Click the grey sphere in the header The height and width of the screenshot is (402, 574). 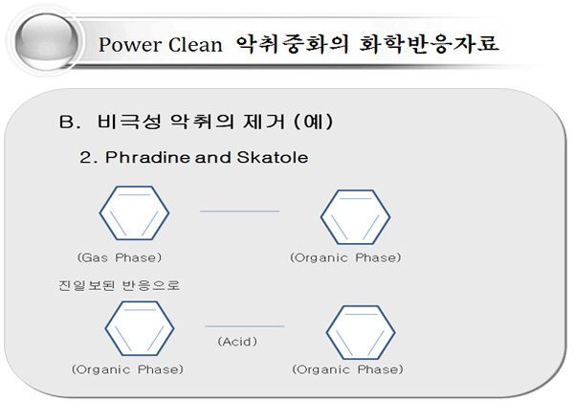[47, 41]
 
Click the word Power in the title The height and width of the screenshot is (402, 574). [130, 45]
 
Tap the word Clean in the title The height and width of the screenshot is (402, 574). [195, 45]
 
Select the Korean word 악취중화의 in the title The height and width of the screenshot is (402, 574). [292, 44]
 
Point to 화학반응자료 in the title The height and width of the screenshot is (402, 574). [429, 44]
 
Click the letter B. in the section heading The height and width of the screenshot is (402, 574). [70, 122]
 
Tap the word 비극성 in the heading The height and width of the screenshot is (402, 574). [129, 122]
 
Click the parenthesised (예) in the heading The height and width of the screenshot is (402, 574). [314, 122]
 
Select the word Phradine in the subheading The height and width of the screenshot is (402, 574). [147, 157]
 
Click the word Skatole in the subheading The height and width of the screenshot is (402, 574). [273, 157]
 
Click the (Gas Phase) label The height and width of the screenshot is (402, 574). [119, 257]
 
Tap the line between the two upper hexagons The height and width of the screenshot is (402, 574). [239, 211]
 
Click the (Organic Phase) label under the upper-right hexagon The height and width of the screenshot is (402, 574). [345, 257]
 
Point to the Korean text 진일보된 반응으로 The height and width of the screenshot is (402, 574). [120, 285]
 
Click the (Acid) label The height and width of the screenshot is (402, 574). [237, 342]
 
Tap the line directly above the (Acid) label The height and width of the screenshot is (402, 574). [245, 325]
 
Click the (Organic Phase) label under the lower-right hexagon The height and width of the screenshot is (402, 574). [347, 369]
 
